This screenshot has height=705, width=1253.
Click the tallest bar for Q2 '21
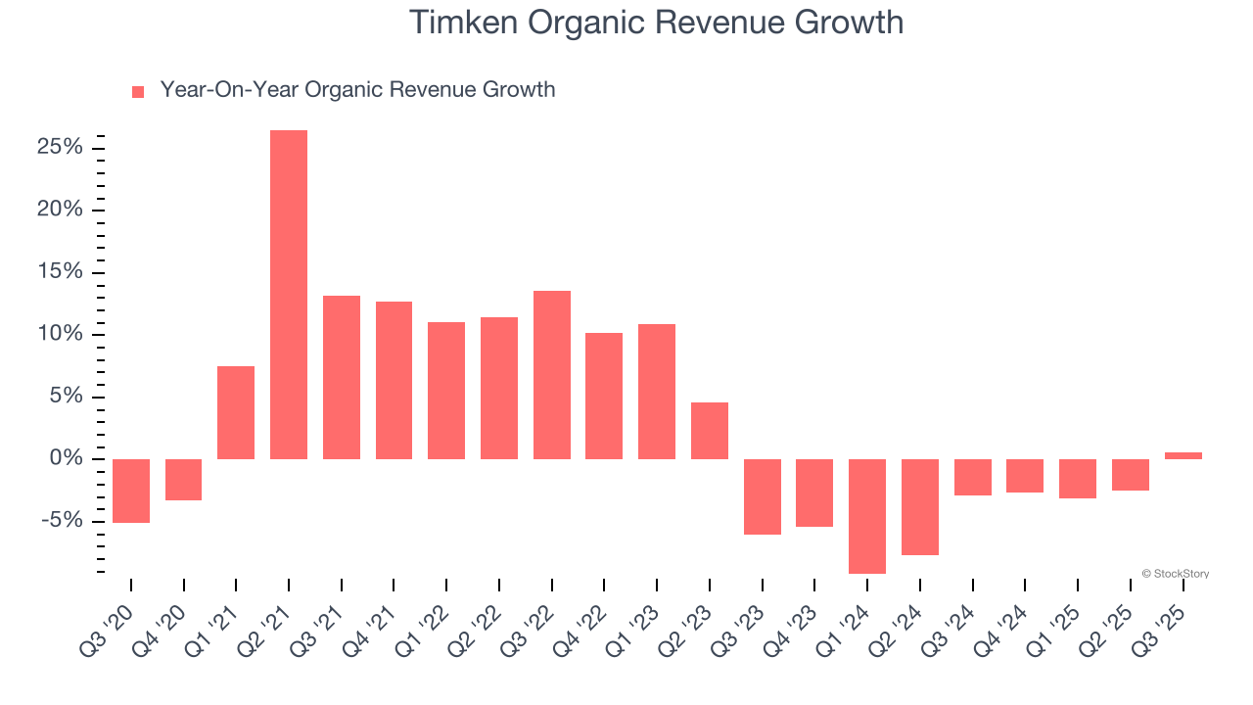(x=289, y=295)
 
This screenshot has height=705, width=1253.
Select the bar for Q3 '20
(x=131, y=491)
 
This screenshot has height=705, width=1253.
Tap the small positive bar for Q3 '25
(x=1183, y=455)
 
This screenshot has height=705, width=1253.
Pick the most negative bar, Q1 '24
(x=867, y=516)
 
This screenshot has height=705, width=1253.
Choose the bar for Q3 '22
(x=552, y=375)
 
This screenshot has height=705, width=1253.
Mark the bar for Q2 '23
(x=710, y=431)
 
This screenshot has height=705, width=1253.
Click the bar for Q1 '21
(x=236, y=412)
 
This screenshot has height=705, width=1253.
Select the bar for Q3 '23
(x=763, y=496)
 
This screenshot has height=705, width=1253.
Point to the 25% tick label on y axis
(x=59, y=148)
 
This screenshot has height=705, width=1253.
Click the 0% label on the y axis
(x=66, y=459)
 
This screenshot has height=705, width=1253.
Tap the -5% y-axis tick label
(x=62, y=521)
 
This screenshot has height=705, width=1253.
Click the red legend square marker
(x=138, y=91)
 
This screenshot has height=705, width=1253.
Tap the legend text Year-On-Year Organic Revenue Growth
(x=357, y=90)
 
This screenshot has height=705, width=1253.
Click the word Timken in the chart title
(x=464, y=22)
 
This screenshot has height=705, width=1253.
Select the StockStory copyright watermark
(x=1175, y=574)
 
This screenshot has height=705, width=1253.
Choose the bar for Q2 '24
(x=920, y=507)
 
